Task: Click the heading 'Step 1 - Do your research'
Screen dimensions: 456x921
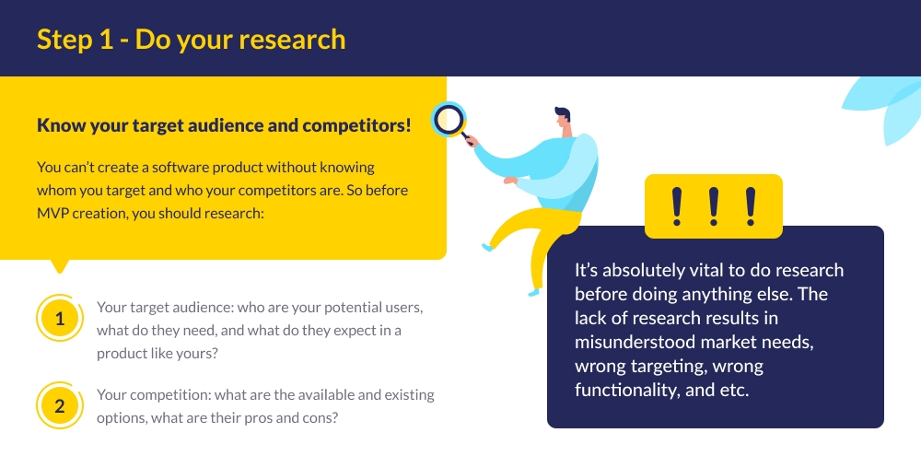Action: (191, 39)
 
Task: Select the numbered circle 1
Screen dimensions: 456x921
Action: (60, 319)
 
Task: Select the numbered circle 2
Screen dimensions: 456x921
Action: (60, 406)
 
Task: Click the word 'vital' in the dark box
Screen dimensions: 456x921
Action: (699, 271)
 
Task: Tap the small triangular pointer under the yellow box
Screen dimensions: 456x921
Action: (61, 266)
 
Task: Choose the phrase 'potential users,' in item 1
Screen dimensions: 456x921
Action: (370, 308)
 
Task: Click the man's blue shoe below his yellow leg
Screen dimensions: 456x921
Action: (532, 291)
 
